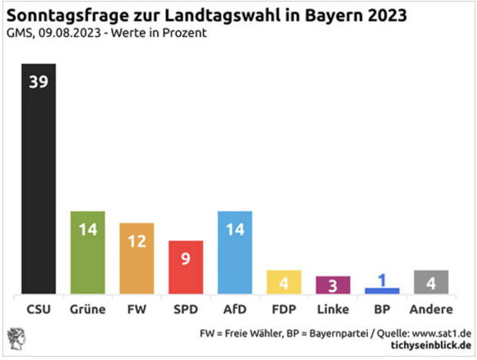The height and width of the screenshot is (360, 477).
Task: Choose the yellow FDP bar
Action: (x=284, y=282)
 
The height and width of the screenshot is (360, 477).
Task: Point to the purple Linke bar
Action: (x=333, y=285)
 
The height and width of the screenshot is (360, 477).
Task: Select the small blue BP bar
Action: (x=382, y=290)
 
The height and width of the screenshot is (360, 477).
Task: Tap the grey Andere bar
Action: (x=431, y=282)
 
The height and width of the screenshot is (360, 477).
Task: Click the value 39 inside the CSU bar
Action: (x=38, y=81)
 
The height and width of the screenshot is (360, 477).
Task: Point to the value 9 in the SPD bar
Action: (x=185, y=259)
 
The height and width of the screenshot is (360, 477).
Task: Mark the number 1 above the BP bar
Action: (x=382, y=280)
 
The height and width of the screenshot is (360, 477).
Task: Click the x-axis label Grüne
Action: (x=87, y=310)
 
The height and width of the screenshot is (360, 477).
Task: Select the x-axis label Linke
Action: (x=333, y=310)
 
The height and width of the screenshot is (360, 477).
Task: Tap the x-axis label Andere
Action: (x=431, y=310)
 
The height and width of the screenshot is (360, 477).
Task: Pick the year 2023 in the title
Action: (x=382, y=15)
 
